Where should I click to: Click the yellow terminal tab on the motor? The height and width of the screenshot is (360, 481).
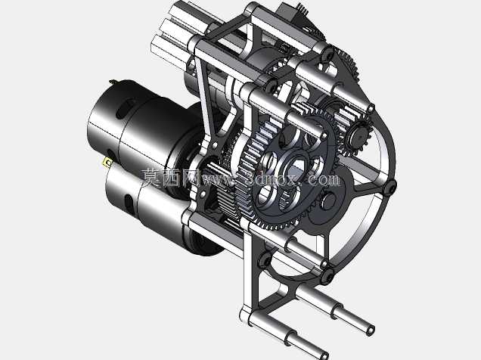click(107, 162)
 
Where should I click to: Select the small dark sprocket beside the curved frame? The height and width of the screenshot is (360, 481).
click(358, 136)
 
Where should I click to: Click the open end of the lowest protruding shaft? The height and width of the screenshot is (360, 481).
click(324, 356)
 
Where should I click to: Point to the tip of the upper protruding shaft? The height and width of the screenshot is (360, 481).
click(371, 331)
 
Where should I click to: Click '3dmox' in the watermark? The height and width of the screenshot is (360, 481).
click(271, 178)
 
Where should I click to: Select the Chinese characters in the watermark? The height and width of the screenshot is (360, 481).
click(171, 178)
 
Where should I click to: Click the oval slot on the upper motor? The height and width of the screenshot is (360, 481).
click(125, 108)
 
